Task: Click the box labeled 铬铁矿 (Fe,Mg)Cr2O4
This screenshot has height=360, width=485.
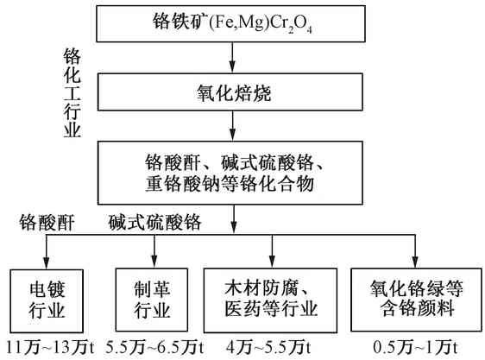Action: tap(232, 25)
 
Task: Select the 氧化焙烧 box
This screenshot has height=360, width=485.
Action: tap(232, 92)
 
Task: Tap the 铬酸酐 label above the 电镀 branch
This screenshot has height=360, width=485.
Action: tap(48, 224)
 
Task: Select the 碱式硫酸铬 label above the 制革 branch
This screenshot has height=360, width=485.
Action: tap(155, 224)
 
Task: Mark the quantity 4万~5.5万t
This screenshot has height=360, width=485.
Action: tap(270, 347)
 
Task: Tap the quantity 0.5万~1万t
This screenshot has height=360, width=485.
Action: tap(414, 347)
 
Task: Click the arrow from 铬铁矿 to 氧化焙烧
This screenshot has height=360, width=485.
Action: tap(232, 57)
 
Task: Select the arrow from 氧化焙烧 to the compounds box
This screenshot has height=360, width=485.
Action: tap(232, 128)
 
